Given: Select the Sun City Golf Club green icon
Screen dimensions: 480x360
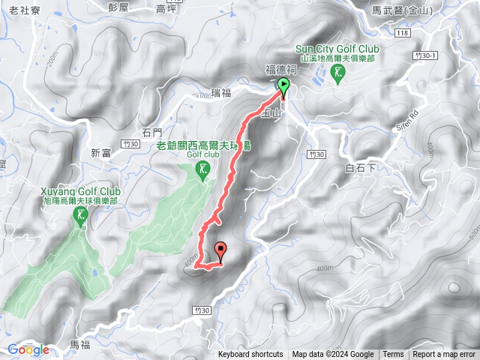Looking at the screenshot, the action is [x=339, y=73].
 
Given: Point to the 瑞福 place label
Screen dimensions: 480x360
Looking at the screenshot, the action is [x=223, y=92].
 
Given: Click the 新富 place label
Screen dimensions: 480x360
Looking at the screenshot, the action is [x=101, y=153].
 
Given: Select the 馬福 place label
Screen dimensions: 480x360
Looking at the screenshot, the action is [x=79, y=344].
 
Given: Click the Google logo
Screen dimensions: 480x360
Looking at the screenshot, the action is [x=28, y=349].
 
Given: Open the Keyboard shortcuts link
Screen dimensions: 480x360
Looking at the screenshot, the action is [x=250, y=355].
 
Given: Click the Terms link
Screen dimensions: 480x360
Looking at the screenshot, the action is [x=393, y=355].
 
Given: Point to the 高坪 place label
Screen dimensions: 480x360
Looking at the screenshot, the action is [x=166, y=10].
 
